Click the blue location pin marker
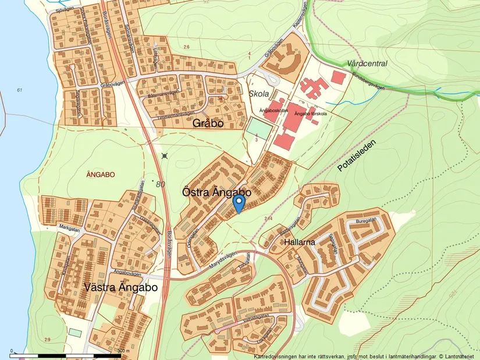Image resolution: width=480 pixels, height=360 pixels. (x=239, y=203)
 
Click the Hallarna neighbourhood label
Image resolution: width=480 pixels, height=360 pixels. (x=300, y=241)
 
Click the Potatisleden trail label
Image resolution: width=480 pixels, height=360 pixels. (x=357, y=155)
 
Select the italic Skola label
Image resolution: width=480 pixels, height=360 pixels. (x=258, y=94)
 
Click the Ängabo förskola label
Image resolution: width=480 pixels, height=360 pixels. (x=314, y=113)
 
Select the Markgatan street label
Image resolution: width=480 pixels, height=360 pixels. (x=68, y=229)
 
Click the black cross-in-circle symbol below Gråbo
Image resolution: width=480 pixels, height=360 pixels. (x=165, y=155)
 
